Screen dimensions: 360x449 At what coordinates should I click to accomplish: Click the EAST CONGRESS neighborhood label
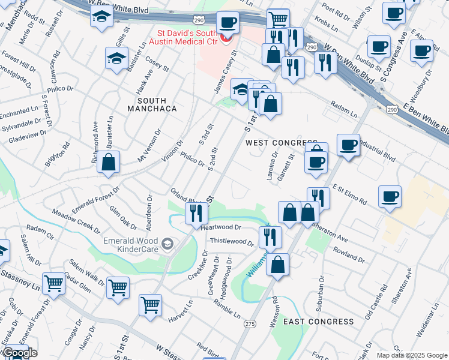pos(318,322)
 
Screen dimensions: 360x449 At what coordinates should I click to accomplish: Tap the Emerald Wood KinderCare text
pos(128,244)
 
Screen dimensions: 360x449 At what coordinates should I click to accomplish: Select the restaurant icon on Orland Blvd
pos(196,214)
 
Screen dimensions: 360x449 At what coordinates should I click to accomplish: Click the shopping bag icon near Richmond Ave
pos(108,163)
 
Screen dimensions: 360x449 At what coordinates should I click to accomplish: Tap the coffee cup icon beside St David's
pos(228,23)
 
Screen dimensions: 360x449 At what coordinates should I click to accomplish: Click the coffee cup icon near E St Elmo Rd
pos(390,197)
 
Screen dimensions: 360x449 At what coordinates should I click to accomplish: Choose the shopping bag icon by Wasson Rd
pos(277,265)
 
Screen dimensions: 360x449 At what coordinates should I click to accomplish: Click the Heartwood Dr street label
pos(221,228)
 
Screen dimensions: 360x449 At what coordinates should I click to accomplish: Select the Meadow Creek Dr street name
pos(76,220)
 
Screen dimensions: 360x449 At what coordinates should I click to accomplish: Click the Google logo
pos(19,353)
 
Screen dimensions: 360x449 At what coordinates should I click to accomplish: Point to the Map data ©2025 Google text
pos(412,355)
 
